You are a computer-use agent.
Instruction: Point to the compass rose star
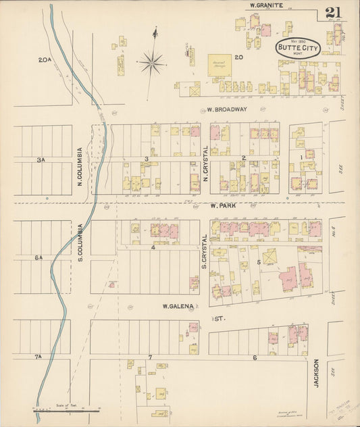click(x=152, y=64)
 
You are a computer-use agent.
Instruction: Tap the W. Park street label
click(x=222, y=205)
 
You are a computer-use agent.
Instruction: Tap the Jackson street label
click(x=316, y=372)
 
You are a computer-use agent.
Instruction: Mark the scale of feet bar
click(x=68, y=409)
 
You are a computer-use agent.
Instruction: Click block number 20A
click(x=45, y=60)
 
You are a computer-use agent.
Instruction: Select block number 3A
click(x=41, y=160)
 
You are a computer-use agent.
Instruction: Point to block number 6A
click(x=39, y=257)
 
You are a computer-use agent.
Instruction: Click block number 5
click(x=258, y=262)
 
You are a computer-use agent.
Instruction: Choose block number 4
click(x=153, y=247)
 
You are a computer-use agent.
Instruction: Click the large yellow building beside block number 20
click(x=219, y=66)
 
